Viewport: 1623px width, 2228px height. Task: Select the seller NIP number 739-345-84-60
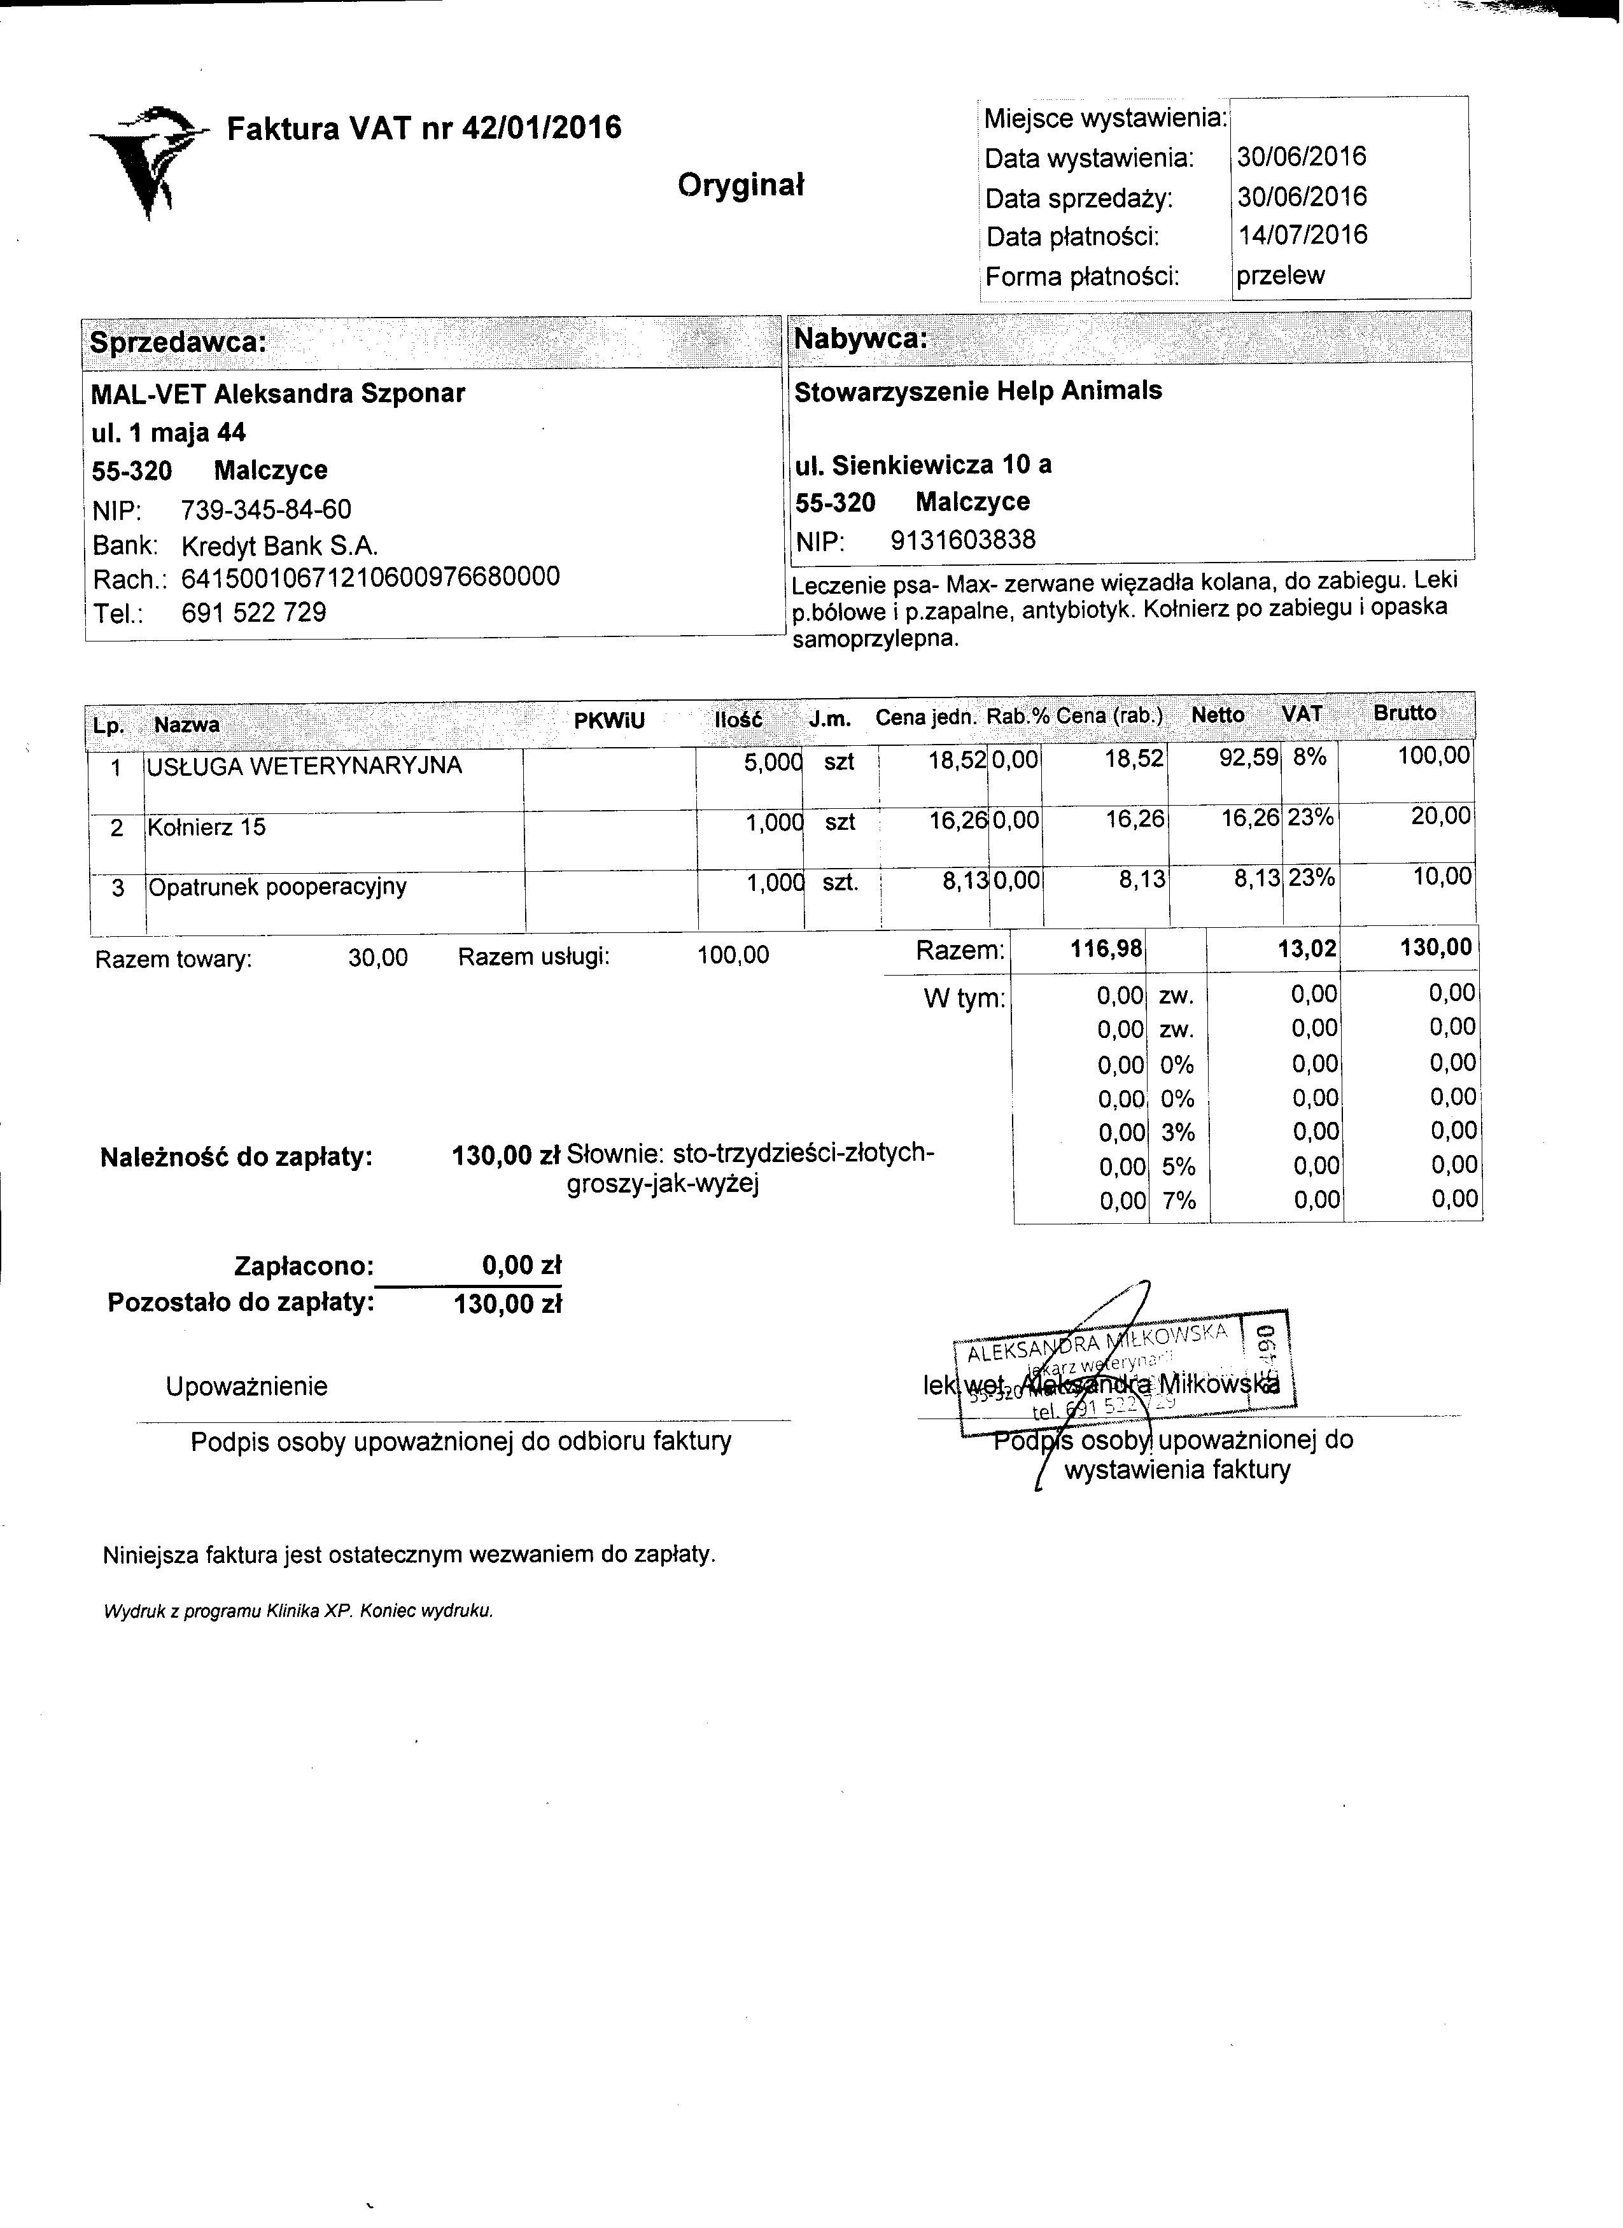(266, 510)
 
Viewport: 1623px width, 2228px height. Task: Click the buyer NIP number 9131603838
(963, 540)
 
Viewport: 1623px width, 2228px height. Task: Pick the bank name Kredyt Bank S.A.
(280, 546)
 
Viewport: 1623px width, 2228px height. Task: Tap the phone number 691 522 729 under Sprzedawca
(255, 613)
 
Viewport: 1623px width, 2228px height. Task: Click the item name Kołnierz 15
(207, 827)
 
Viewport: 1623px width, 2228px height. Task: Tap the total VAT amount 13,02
(1305, 948)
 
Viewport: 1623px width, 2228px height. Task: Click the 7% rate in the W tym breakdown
(1178, 1200)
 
